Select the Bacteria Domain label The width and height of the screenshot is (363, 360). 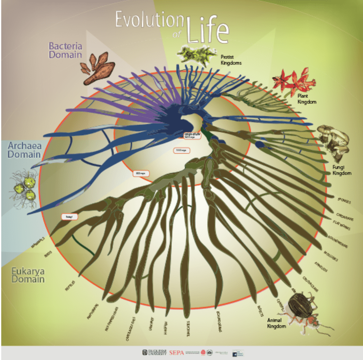pos(66,49)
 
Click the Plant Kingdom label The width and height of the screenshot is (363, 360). pos(307,99)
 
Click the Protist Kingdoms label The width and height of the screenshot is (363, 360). pos(231,60)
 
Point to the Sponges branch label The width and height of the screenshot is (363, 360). pos(344,201)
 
